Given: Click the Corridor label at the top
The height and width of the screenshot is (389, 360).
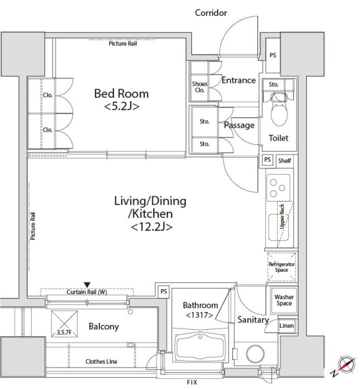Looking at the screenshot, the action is point(211,13).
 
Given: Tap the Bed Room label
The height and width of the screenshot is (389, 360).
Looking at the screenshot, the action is point(121,94).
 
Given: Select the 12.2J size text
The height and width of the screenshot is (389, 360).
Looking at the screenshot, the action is point(151,227).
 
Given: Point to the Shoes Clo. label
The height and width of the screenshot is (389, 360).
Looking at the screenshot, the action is point(200,87).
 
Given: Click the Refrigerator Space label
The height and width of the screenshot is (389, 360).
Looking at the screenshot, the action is point(282,267).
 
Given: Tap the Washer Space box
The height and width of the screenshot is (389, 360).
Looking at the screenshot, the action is point(284,300).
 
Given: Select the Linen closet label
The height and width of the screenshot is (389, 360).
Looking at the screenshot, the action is point(287,326).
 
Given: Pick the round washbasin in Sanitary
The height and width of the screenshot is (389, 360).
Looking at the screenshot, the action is point(255,354).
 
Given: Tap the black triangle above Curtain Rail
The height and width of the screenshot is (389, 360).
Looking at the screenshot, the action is point(87,285).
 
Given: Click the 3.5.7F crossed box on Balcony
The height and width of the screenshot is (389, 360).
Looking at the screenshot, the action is point(64,324).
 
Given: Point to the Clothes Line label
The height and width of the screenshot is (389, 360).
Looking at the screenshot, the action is point(101,362).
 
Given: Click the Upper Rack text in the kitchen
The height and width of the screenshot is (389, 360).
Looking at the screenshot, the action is point(282,216).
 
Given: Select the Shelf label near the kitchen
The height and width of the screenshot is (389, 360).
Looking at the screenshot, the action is point(284,161).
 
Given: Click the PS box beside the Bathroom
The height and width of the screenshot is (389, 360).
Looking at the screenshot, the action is point(163,291).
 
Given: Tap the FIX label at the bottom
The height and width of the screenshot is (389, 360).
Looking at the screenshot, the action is point(192,383).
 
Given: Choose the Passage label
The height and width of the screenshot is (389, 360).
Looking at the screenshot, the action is point(239,125).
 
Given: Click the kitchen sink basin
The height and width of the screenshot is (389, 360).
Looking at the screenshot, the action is point(279,228).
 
